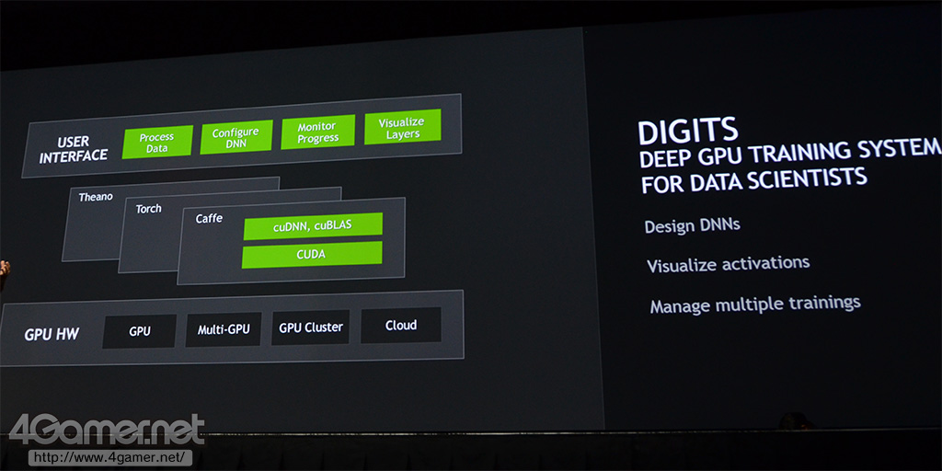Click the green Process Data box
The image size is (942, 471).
pyautogui.click(x=157, y=143)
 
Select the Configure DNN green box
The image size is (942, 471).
pyautogui.click(x=235, y=138)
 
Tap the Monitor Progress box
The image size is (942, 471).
pyautogui.click(x=317, y=132)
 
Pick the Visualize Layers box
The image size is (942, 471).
pyautogui.click(x=402, y=127)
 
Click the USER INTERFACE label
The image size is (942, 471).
pyautogui.click(x=75, y=149)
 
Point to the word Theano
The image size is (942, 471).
pyautogui.click(x=96, y=197)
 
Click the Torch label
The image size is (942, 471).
pyautogui.click(x=148, y=209)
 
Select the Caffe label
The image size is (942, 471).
pyautogui.click(x=209, y=219)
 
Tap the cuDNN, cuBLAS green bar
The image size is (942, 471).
pyautogui.click(x=311, y=226)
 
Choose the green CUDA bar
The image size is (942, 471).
pyautogui.click(x=311, y=254)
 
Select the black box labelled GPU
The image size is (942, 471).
pyautogui.click(x=139, y=331)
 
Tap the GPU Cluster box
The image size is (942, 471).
pyautogui.click(x=311, y=327)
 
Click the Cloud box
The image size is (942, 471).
pyautogui.click(x=400, y=325)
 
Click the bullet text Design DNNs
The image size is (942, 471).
pyautogui.click(x=692, y=225)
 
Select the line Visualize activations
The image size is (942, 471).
pyautogui.click(x=728, y=264)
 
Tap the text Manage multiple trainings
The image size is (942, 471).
pyautogui.click(x=754, y=303)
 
